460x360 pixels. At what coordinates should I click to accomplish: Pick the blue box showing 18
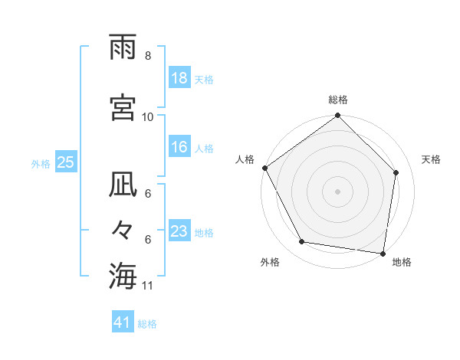point(179,79)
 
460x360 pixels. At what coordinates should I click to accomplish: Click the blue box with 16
point(179,148)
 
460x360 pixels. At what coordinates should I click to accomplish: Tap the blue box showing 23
point(179,232)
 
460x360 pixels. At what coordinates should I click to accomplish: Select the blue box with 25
point(65,162)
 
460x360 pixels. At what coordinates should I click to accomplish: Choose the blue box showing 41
point(123,323)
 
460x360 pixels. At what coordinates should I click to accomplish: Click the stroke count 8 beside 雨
point(147,56)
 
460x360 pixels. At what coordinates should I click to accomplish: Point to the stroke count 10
point(148,116)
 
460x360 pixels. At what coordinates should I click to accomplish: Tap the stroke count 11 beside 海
point(148,286)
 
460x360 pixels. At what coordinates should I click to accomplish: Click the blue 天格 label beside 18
point(204,80)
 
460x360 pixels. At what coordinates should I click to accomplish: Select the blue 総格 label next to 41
point(147,324)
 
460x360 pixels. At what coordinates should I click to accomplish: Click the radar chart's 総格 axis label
point(337,100)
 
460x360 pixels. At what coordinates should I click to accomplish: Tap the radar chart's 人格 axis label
point(245,159)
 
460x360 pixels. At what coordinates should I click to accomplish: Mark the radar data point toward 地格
point(383,253)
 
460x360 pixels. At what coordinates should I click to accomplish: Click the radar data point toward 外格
point(302,242)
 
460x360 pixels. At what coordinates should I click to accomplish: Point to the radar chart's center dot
point(337,191)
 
